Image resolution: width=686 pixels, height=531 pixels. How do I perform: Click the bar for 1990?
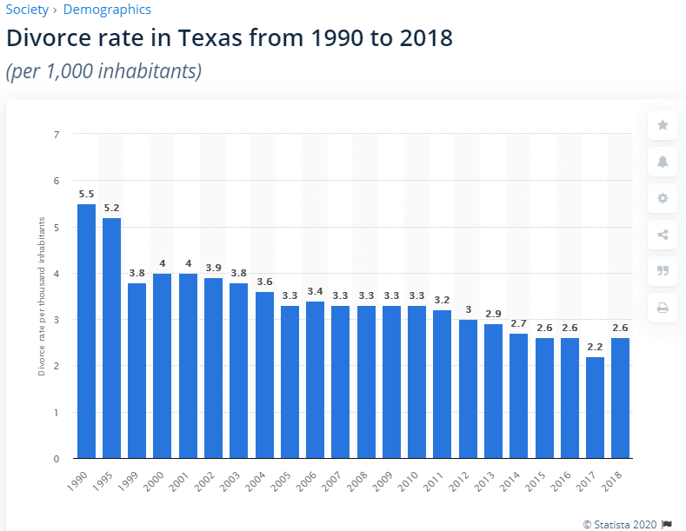(86, 331)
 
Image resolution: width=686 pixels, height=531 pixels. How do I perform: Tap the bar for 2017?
(596, 408)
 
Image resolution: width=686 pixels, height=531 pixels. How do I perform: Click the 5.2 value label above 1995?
(111, 208)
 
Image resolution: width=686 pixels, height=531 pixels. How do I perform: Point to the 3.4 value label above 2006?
(315, 291)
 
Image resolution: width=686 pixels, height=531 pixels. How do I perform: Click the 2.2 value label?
(596, 347)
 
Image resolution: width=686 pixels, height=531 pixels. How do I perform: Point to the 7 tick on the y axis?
(57, 135)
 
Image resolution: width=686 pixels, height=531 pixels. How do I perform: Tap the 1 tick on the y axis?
(57, 413)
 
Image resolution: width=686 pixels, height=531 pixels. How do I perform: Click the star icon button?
(663, 125)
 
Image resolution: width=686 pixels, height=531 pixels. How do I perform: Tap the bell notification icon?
(663, 162)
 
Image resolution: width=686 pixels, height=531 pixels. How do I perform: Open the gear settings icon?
(663, 198)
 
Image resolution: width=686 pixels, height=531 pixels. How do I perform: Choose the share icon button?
(663, 234)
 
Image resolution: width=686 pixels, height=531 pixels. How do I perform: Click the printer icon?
(663, 307)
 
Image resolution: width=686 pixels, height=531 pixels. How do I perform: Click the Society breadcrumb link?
(27, 10)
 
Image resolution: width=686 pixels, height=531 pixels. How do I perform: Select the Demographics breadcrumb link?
(107, 10)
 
